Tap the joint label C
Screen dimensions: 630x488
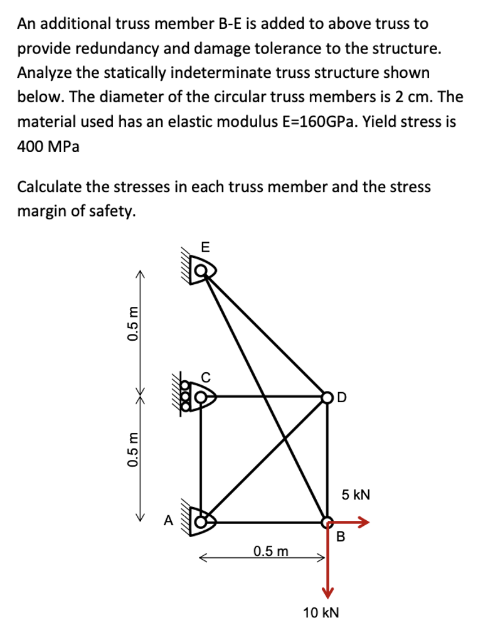coord(206,378)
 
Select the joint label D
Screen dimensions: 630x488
coord(341,397)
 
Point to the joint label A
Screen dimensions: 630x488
coord(167,520)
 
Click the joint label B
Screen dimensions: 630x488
coord(341,537)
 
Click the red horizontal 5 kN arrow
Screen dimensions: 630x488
coord(351,521)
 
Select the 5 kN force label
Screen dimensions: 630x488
coord(356,495)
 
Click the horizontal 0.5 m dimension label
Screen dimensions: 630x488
coord(271,552)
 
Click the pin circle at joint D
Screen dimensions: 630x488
coord(327,397)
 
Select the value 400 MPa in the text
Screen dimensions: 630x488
coord(48,146)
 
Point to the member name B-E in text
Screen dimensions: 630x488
coord(226,24)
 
